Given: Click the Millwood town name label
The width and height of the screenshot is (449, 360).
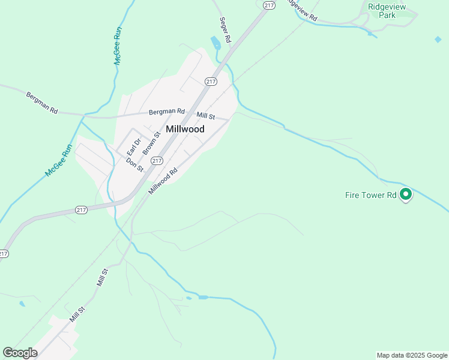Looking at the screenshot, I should (x=185, y=129).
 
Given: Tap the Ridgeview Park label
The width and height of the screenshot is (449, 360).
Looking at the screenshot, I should (x=387, y=11).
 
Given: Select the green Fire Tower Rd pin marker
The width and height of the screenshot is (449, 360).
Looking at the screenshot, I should (x=406, y=194).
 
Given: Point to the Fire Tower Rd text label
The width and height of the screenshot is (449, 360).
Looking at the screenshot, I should (x=370, y=195).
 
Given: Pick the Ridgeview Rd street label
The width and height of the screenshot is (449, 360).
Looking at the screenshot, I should (x=303, y=10).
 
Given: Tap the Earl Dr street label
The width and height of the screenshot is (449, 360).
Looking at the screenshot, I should (x=133, y=147).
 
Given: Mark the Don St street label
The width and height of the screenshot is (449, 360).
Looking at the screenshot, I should (x=134, y=164).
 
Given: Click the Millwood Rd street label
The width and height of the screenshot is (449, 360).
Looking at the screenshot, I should (x=164, y=181).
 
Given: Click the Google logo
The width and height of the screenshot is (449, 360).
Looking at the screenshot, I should (x=20, y=353).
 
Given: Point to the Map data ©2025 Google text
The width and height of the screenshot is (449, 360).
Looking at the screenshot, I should (x=411, y=355).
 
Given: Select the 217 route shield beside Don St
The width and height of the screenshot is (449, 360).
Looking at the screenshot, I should (x=157, y=160).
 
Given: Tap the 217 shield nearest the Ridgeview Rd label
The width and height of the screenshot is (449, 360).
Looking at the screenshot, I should (x=268, y=5).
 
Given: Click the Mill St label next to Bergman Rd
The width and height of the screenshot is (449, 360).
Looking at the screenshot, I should (x=206, y=115).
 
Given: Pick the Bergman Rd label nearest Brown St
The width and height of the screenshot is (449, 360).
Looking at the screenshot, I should (x=166, y=111).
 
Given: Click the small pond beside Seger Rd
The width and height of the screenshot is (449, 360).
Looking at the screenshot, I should (x=215, y=43).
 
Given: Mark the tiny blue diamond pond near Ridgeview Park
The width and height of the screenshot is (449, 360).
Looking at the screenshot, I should (x=438, y=40).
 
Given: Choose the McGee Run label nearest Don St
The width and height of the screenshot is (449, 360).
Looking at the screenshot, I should (x=59, y=160).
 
